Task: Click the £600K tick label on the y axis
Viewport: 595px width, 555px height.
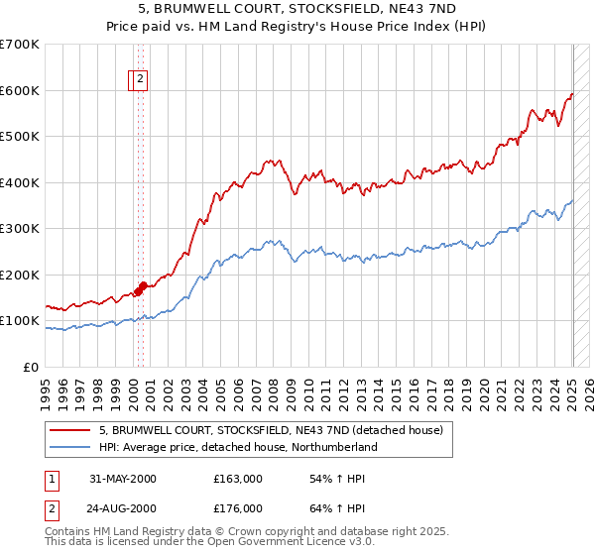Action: click(x=20, y=90)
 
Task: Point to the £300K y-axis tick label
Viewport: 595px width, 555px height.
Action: click(x=20, y=229)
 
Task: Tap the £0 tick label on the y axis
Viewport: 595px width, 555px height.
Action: click(x=32, y=367)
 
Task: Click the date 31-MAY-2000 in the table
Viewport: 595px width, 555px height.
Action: click(x=123, y=479)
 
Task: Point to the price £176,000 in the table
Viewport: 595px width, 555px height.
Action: click(x=238, y=508)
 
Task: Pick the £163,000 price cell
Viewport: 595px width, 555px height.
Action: click(x=238, y=479)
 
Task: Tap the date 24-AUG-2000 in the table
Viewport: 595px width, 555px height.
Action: click(x=123, y=508)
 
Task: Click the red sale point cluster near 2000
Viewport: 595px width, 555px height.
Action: click(x=141, y=287)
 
